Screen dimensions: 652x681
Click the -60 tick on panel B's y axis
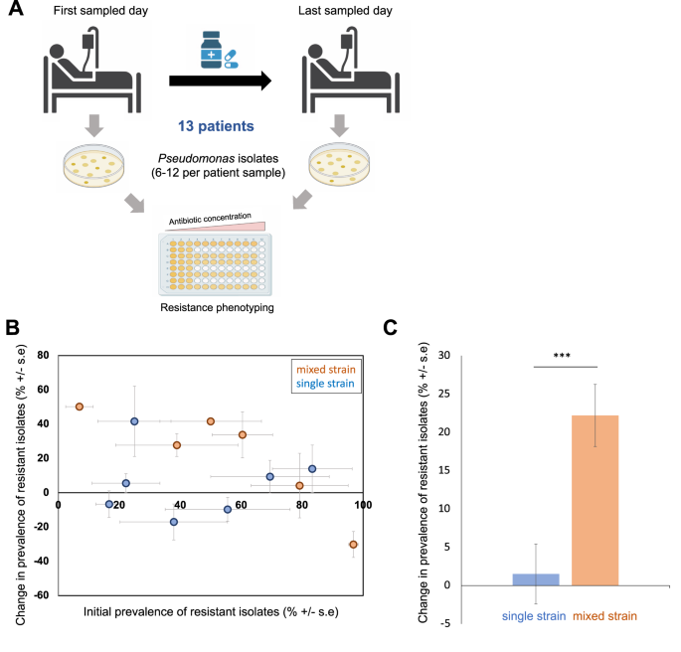coord(42,595)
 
